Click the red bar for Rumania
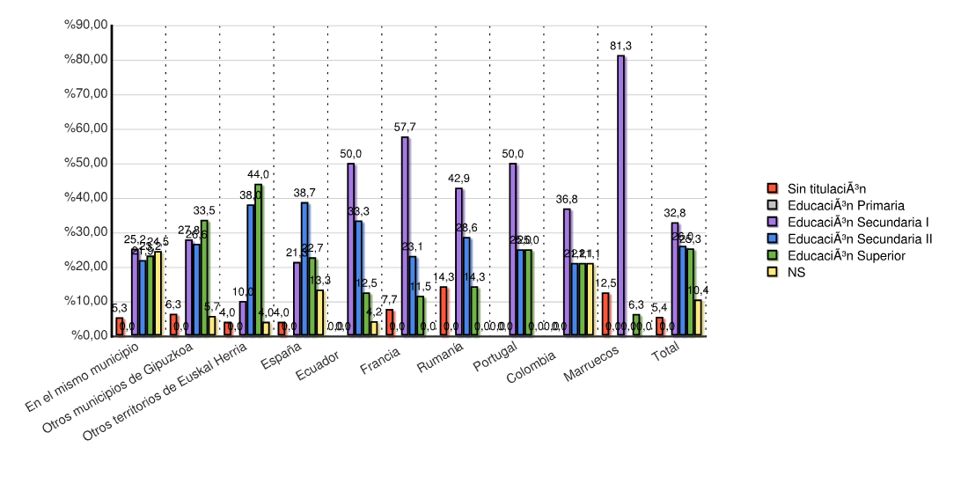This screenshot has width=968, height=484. pyautogui.click(x=444, y=311)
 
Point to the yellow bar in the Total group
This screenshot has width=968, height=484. pyautogui.click(x=698, y=318)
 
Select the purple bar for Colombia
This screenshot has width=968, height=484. pyautogui.click(x=568, y=272)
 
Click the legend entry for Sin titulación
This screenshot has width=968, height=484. pyautogui.click(x=826, y=188)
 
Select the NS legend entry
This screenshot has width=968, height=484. pyautogui.click(x=796, y=272)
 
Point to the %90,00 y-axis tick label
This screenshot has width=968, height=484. pyautogui.click(x=85, y=26)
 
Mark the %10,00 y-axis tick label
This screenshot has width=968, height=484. pyautogui.click(x=85, y=301)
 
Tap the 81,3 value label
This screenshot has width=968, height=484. pyautogui.click(x=621, y=45)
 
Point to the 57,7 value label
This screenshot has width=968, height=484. pyautogui.click(x=405, y=128)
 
